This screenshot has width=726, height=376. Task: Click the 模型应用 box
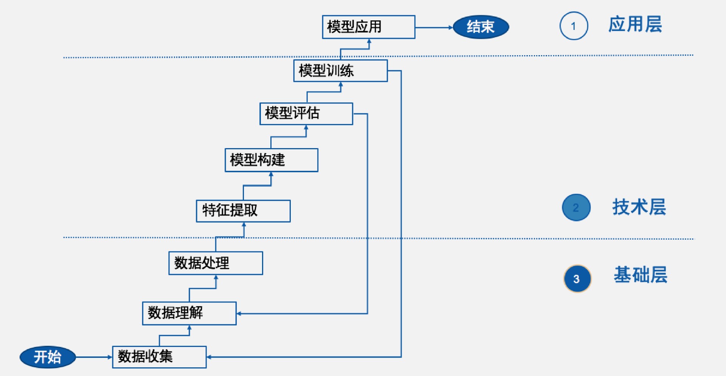pos(368,27)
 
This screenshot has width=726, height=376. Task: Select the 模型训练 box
pos(340,71)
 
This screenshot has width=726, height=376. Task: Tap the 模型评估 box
pos(306,113)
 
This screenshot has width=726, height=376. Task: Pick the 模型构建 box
pos(271,160)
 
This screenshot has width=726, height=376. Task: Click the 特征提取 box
pos(243,210)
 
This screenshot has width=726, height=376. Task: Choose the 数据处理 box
pos(216,263)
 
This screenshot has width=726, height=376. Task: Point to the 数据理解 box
pos(189,313)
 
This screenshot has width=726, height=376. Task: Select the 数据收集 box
pos(159,357)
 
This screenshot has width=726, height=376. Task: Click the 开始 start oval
pos(48,357)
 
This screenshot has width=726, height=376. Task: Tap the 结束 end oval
pos(481,27)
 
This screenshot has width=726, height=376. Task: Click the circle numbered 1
pos(574,26)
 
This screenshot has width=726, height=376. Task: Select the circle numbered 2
pos(576,207)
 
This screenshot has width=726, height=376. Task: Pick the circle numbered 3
pos(577,279)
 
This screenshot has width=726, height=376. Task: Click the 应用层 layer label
pos(635,25)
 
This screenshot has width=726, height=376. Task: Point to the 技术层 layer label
pos(639,207)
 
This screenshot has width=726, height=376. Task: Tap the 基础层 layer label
pos(641,275)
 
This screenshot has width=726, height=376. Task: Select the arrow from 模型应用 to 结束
pos(434,27)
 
